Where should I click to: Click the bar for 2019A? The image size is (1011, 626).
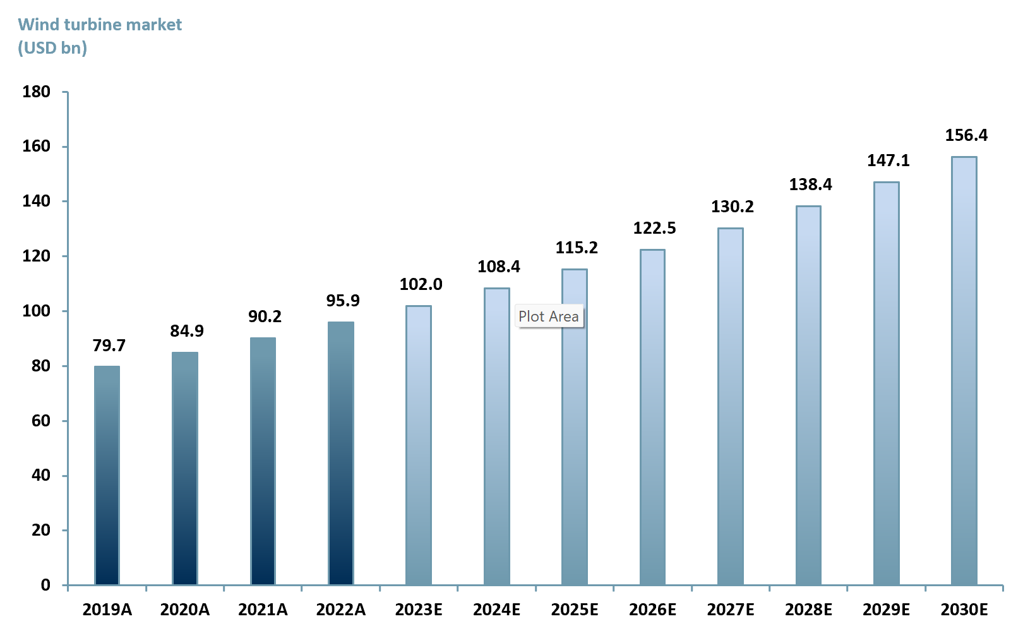[107, 475]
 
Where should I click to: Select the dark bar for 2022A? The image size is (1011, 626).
[341, 453]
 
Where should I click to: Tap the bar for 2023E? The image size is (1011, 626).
[419, 445]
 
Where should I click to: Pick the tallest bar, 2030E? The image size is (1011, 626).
[964, 370]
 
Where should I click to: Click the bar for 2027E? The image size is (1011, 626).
[730, 406]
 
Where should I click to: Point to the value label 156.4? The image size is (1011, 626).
[966, 135]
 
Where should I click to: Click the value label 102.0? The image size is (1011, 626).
[421, 284]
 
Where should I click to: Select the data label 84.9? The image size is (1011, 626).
[187, 331]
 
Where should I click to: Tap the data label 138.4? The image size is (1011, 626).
[810, 184]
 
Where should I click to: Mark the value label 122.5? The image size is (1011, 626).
[654, 228]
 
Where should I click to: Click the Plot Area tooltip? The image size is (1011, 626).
[549, 316]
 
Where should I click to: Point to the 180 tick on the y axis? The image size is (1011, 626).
[36, 92]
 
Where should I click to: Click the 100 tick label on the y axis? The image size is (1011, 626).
[36, 311]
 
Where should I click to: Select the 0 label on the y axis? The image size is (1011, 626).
[45, 585]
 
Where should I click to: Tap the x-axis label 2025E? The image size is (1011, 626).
[574, 610]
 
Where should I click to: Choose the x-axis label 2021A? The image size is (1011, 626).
[263, 610]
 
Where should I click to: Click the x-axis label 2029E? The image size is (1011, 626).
[886, 610]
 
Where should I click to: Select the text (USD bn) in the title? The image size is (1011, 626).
[52, 48]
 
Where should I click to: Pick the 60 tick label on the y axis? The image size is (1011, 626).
[40, 421]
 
